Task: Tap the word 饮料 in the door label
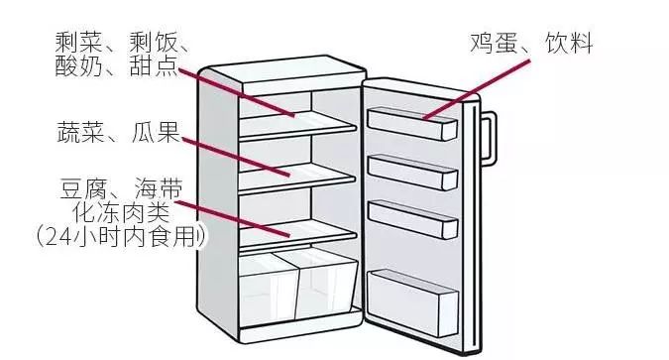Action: coord(567,44)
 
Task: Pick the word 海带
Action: coord(159,188)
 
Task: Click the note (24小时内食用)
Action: coord(117,237)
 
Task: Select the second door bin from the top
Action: coord(411,171)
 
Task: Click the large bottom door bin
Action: coord(411,298)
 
